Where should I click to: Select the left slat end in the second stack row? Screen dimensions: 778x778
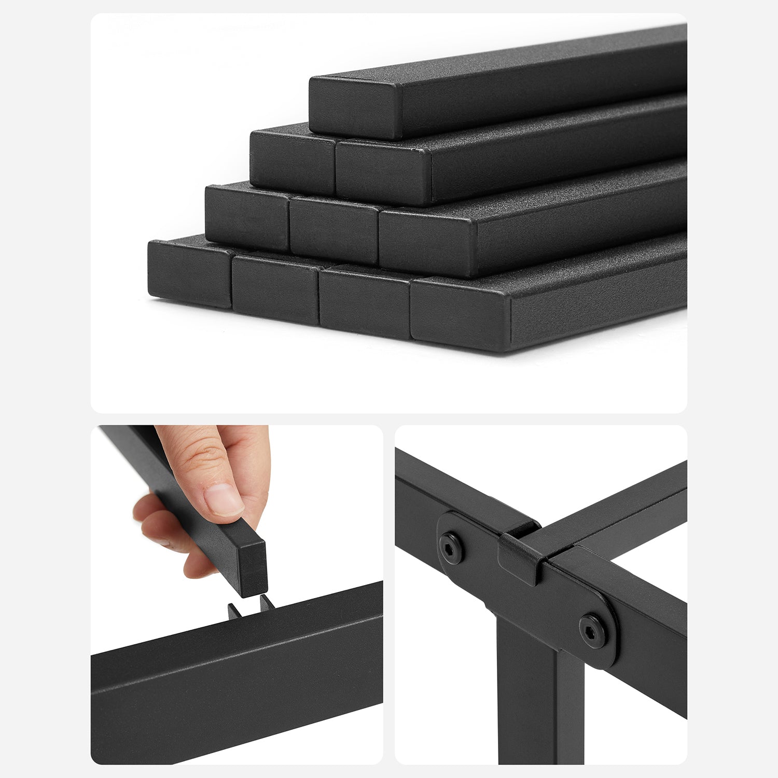click(x=292, y=161)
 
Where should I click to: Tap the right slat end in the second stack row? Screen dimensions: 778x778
click(x=383, y=175)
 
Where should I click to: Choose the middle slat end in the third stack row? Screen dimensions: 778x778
click(x=334, y=230)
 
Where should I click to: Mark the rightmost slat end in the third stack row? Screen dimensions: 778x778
click(x=427, y=247)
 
